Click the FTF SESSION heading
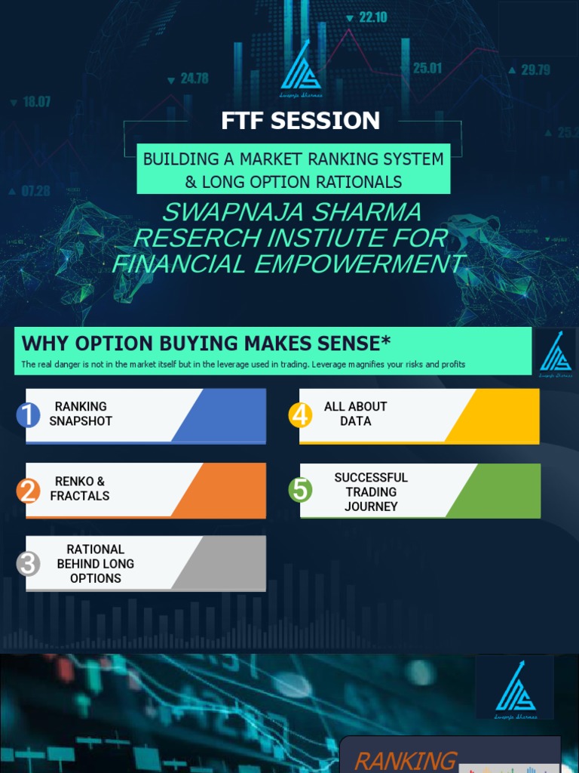click(300, 121)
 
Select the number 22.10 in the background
click(372, 17)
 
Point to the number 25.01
click(427, 68)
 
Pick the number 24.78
click(194, 78)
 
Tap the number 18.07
click(36, 101)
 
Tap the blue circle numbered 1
click(28, 414)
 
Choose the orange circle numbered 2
click(28, 491)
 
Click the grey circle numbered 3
click(28, 564)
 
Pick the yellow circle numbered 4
click(301, 414)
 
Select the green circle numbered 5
click(301, 491)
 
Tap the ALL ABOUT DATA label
click(355, 414)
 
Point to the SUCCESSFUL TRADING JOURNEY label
click(371, 491)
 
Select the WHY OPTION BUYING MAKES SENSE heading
click(206, 343)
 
